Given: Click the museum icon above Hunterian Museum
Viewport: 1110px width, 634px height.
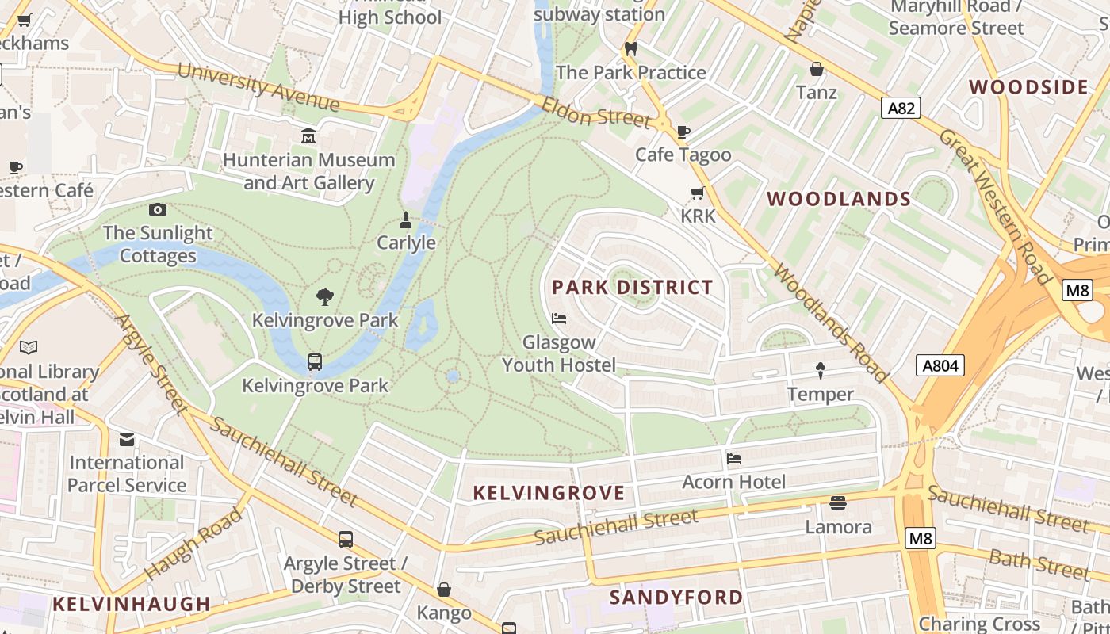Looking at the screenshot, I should (308, 136).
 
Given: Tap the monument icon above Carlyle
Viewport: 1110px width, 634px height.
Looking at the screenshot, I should (406, 220).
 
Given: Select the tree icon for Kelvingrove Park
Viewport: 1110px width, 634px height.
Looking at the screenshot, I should (324, 297).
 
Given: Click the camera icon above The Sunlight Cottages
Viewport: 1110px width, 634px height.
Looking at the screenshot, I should (158, 209).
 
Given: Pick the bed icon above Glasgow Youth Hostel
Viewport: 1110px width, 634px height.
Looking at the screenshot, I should (559, 319).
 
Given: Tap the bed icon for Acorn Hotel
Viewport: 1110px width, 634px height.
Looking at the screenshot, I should (734, 458).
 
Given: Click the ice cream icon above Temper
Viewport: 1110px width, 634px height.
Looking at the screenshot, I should (821, 370).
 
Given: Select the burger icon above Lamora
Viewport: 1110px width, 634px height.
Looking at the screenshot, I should (838, 503).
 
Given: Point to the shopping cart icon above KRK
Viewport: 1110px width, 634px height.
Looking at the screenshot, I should (698, 193).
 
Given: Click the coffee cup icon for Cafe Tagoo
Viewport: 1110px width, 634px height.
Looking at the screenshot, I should (683, 132).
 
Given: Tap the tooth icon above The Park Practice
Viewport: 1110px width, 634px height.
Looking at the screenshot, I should (631, 48).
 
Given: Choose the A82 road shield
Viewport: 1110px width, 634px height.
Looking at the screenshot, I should (901, 108).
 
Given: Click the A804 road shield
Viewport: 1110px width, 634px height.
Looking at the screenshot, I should (940, 365).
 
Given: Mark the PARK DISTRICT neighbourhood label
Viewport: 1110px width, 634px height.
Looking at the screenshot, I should (632, 287).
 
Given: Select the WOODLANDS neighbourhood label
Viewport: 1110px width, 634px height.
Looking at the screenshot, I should (839, 199).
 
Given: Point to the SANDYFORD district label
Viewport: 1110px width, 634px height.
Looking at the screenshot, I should (676, 597).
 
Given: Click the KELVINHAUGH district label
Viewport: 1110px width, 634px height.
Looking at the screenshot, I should (132, 604).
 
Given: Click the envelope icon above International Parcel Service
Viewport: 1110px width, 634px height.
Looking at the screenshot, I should (127, 440).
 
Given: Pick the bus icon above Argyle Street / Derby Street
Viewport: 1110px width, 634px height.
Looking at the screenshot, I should (346, 540).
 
